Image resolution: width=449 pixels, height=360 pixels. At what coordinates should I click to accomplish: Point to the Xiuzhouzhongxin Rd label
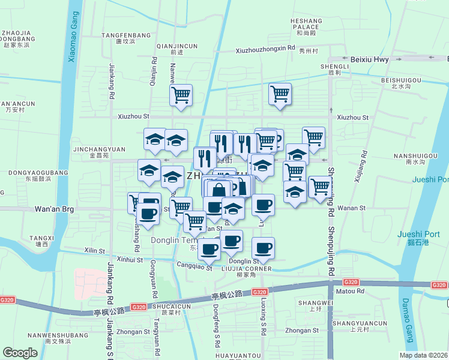click(x=265, y=49)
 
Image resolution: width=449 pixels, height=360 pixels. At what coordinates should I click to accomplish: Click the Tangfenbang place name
click(x=126, y=35)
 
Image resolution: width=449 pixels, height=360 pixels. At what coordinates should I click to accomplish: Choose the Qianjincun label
click(x=176, y=46)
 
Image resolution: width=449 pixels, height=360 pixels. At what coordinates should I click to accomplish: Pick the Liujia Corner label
click(x=247, y=268)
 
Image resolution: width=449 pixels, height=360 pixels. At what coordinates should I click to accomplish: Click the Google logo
click(x=20, y=353)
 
